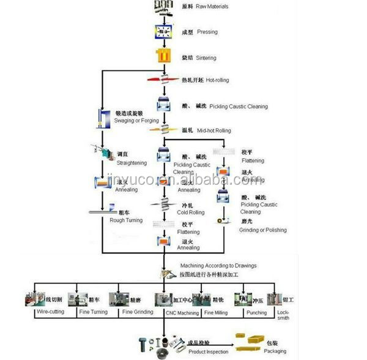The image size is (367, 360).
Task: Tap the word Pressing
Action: point(207,31)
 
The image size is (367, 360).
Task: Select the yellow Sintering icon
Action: point(163,57)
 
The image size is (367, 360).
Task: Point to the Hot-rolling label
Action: point(220,80)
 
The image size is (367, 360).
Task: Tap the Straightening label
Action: point(132,163)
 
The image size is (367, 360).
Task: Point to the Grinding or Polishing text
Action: point(264,230)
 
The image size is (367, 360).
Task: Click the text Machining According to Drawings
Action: point(218,265)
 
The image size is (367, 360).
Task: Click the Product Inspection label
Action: point(207,351)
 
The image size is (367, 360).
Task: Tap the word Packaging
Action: point(275,351)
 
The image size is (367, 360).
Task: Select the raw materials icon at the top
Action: point(161,6)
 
